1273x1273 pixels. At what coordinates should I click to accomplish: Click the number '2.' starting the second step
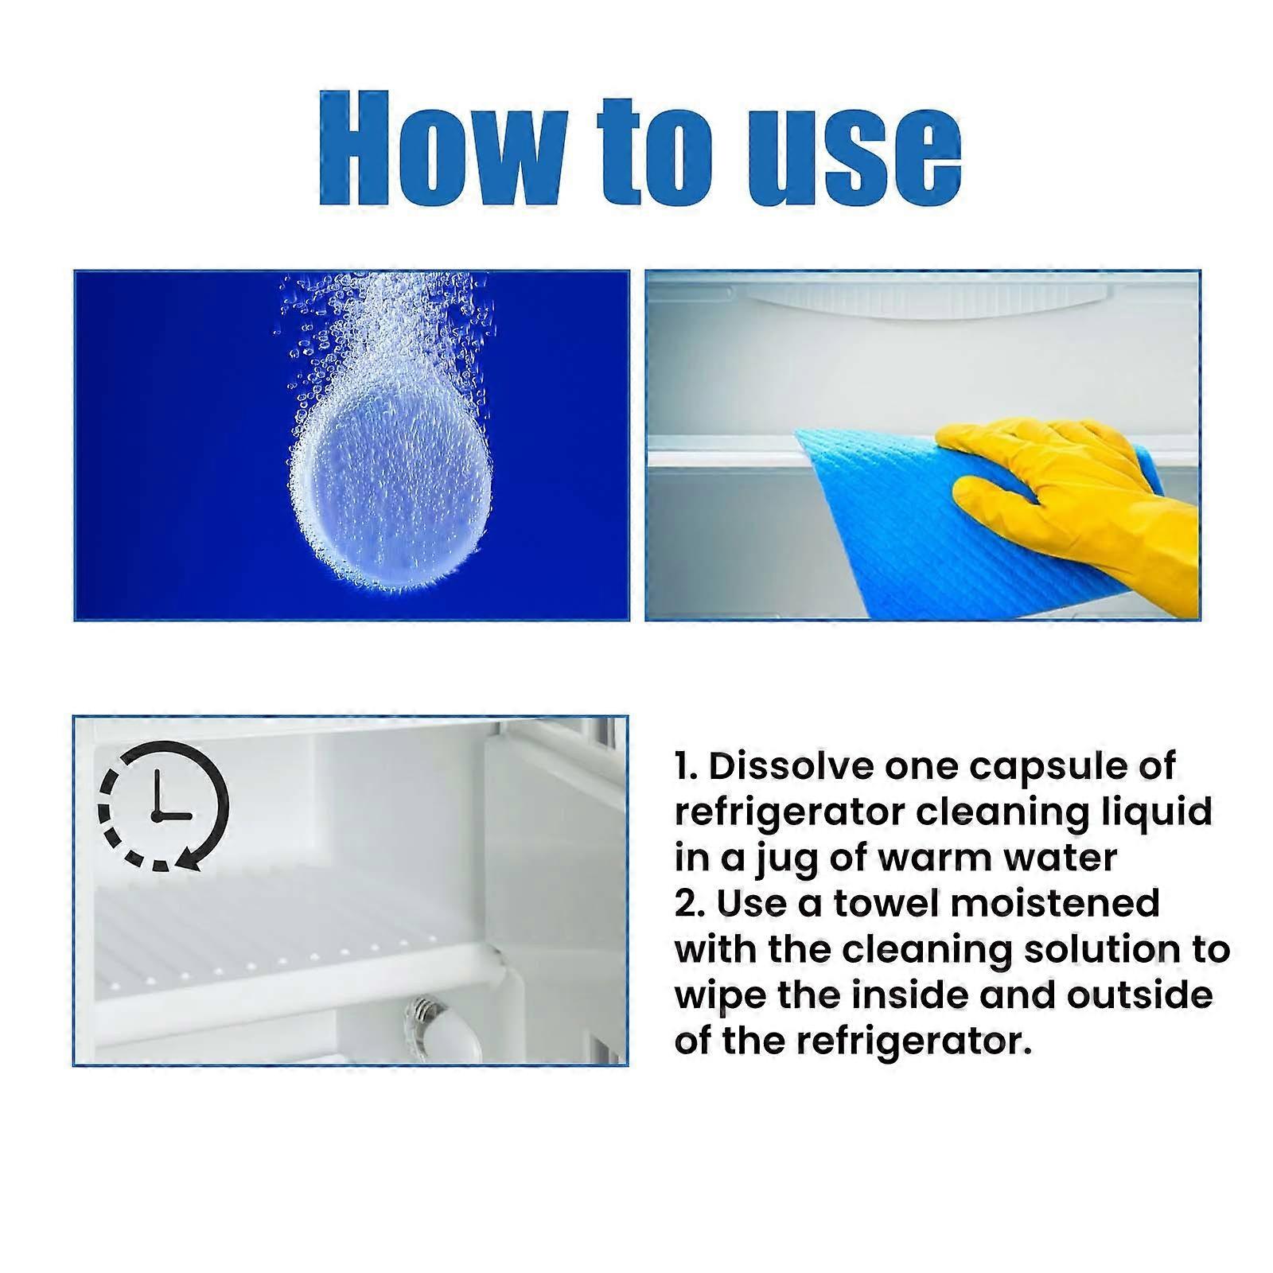point(689,904)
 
